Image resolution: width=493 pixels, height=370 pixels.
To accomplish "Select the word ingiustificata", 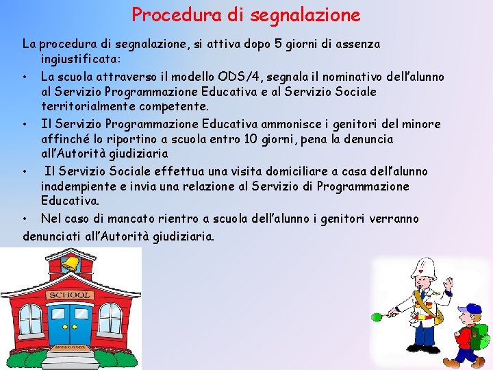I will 80,60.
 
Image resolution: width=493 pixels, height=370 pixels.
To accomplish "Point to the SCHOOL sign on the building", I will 68,295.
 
